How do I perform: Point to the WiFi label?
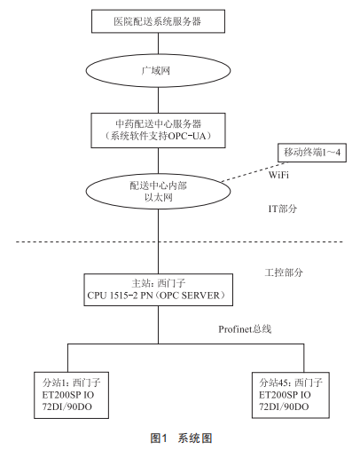[x=278, y=175]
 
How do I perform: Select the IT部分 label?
[x=283, y=209]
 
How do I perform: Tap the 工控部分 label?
[x=284, y=272]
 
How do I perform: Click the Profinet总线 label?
[x=245, y=329]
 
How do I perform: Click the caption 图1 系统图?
[x=181, y=438]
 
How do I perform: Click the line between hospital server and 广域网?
[x=158, y=43]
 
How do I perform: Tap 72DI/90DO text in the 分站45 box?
[x=284, y=407]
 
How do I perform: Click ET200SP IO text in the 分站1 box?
[x=68, y=395]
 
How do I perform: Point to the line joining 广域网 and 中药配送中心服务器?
[x=158, y=100]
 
